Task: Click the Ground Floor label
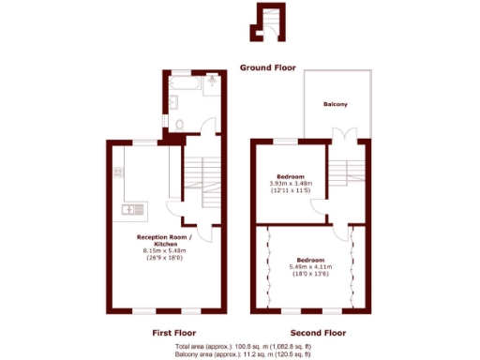pos(267,67)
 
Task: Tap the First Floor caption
pos(172,333)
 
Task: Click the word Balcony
pos(336,104)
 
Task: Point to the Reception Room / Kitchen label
pos(165,240)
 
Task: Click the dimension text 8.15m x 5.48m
pos(165,251)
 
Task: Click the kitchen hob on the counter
pos(118,172)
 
